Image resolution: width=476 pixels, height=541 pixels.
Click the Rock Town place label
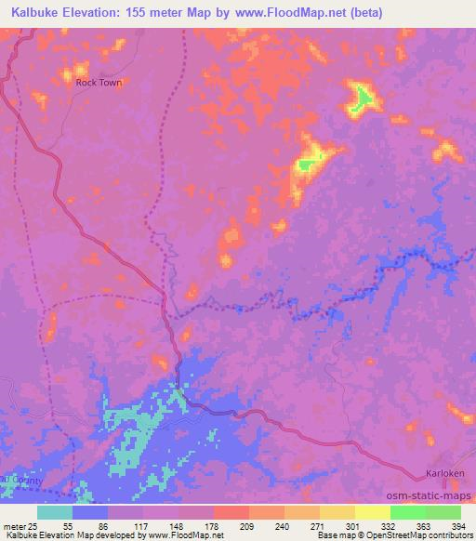pos(99,82)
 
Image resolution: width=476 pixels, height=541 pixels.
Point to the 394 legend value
pos(458,525)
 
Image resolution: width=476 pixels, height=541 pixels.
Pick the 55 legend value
pos(66,525)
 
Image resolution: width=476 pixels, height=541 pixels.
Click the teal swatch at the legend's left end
pos(55,512)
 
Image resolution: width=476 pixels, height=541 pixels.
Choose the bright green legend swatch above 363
pos(407,512)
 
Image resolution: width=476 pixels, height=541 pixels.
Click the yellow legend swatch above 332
pos(372,512)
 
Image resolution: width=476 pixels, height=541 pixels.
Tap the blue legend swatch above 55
pos(90,512)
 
